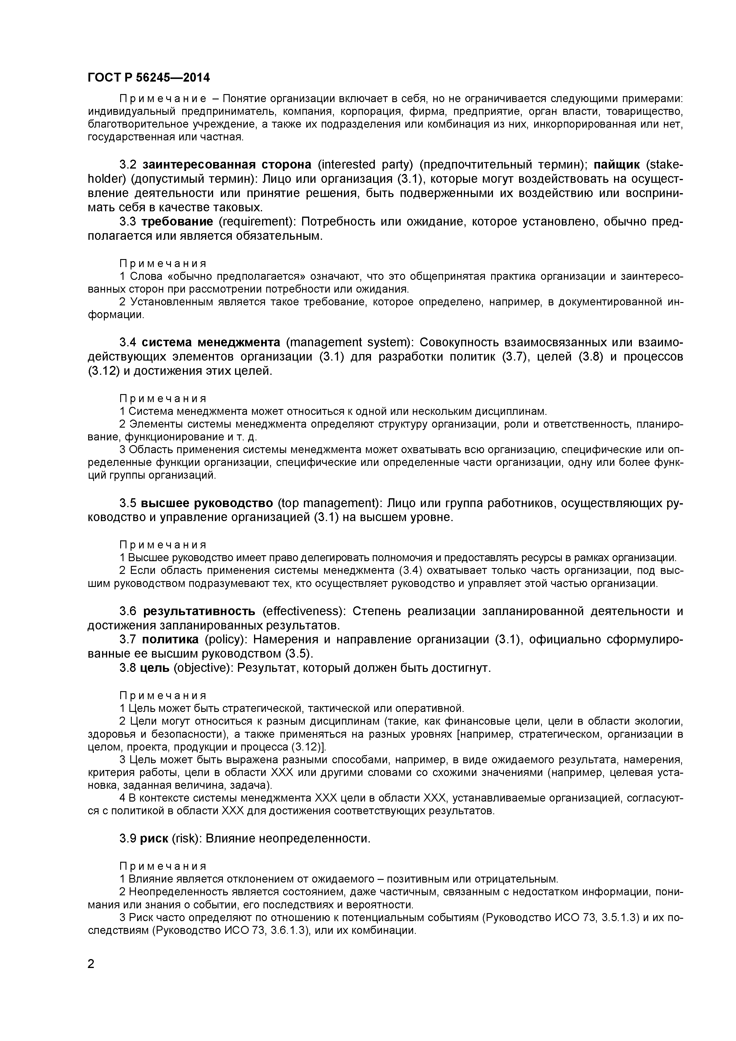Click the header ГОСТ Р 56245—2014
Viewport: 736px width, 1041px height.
[149, 78]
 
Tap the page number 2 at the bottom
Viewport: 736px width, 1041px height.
[91, 976]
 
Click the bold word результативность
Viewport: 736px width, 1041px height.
[199, 611]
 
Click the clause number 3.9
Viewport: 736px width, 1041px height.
[128, 839]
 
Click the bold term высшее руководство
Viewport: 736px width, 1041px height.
[207, 503]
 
